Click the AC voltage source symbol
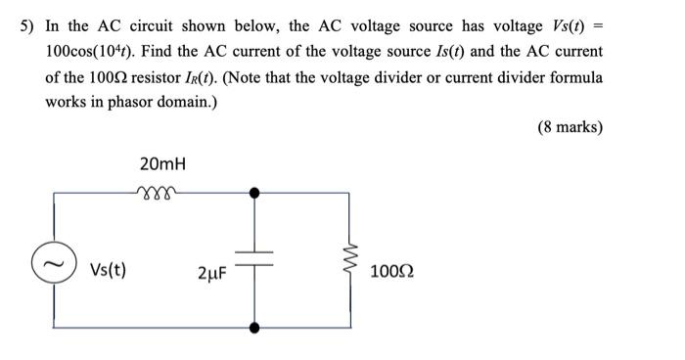53,261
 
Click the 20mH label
162,162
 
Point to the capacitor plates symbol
255,257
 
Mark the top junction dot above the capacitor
255,193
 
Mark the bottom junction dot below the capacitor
255,327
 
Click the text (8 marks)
570,127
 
